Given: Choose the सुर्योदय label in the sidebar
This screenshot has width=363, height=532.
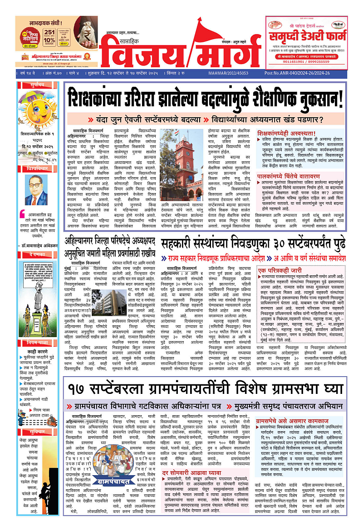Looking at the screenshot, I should pos(36,85).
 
